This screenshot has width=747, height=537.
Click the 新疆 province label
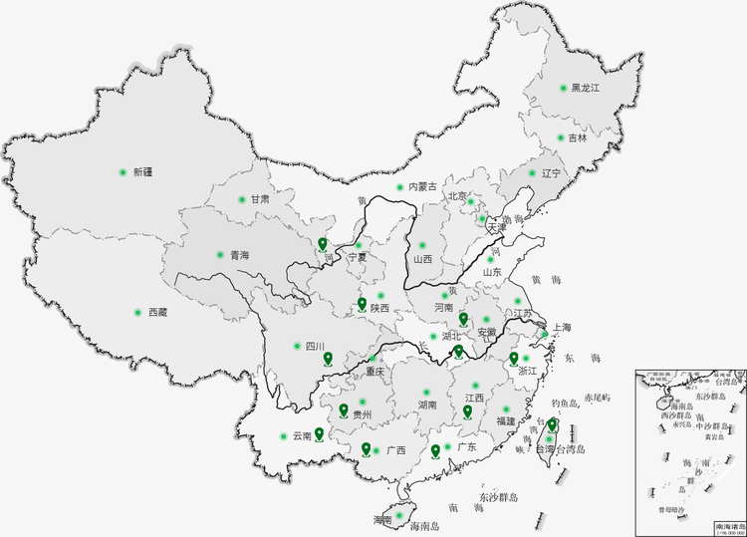(x=143, y=172)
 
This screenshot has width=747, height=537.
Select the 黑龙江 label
(x=586, y=89)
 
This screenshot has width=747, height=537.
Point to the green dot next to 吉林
(x=561, y=138)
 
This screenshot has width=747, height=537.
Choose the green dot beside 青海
(x=220, y=255)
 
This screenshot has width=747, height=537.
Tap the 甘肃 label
(x=260, y=199)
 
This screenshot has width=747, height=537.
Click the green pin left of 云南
(x=319, y=433)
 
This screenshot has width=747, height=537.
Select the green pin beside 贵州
(x=344, y=410)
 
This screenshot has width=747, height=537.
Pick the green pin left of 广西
(x=366, y=448)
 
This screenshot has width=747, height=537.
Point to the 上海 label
(x=561, y=328)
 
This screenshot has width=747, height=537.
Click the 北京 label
(x=457, y=197)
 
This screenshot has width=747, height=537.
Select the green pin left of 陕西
(x=362, y=305)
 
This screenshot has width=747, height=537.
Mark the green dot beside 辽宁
(x=529, y=173)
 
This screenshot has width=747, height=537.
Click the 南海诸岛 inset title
(x=729, y=524)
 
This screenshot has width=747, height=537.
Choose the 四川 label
(x=315, y=347)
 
